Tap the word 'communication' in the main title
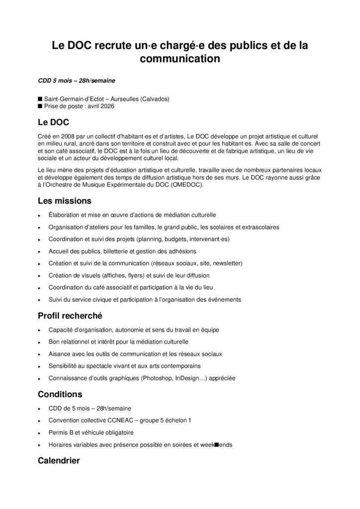[x=180, y=60]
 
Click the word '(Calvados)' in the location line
[x=151, y=99]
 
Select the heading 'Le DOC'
[x=53, y=122]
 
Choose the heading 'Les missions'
[x=64, y=201]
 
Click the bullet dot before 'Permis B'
[x=40, y=433]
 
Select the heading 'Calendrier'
[x=59, y=461]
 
